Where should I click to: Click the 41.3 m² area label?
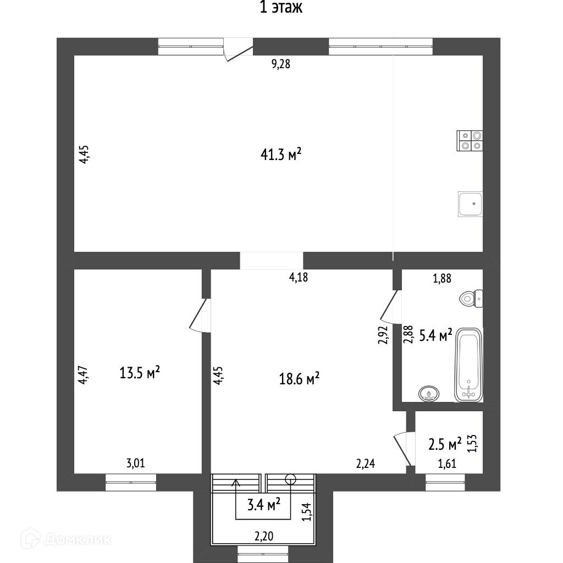(281, 155)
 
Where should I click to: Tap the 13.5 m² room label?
(140, 373)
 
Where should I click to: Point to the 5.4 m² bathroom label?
(435, 334)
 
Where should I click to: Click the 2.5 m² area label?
(445, 443)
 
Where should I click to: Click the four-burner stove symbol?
(470, 140)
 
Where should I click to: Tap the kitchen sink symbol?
(470, 204)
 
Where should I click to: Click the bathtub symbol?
(469, 365)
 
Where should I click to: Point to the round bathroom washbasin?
(429, 393)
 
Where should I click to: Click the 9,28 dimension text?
(280, 64)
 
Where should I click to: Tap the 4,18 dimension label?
(299, 278)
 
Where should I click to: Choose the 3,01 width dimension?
(136, 463)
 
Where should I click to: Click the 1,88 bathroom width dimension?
(442, 278)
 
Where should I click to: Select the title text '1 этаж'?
(281, 8)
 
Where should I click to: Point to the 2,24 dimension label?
(366, 464)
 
